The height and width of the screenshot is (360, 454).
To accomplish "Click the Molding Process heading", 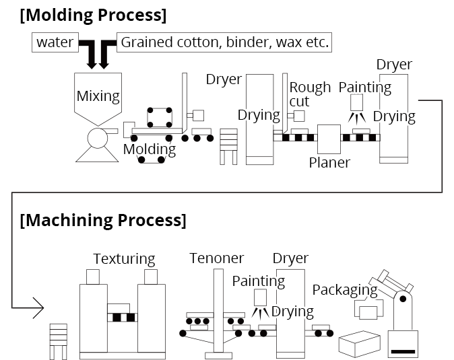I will click(x=93, y=15).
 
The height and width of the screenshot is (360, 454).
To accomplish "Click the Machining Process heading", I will click(x=103, y=220).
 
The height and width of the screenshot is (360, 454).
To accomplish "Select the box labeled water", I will click(x=55, y=43).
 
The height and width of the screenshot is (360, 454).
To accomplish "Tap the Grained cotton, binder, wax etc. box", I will click(x=225, y=43).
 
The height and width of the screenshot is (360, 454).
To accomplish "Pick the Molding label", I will click(x=149, y=149).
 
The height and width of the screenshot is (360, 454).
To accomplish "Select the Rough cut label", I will click(x=310, y=94).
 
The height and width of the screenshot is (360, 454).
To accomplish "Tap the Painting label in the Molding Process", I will click(x=364, y=87).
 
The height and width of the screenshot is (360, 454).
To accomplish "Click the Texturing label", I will click(x=124, y=258).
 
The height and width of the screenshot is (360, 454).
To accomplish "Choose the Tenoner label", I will click(x=216, y=258).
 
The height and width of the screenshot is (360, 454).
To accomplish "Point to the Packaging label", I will click(x=345, y=290).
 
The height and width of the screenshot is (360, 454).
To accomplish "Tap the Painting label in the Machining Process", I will click(x=258, y=281).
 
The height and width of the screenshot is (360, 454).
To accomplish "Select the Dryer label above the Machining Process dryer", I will click(x=290, y=258).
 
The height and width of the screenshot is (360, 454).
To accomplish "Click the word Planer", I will click(x=329, y=162).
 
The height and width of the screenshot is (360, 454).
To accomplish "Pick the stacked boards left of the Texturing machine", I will click(x=59, y=341).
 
